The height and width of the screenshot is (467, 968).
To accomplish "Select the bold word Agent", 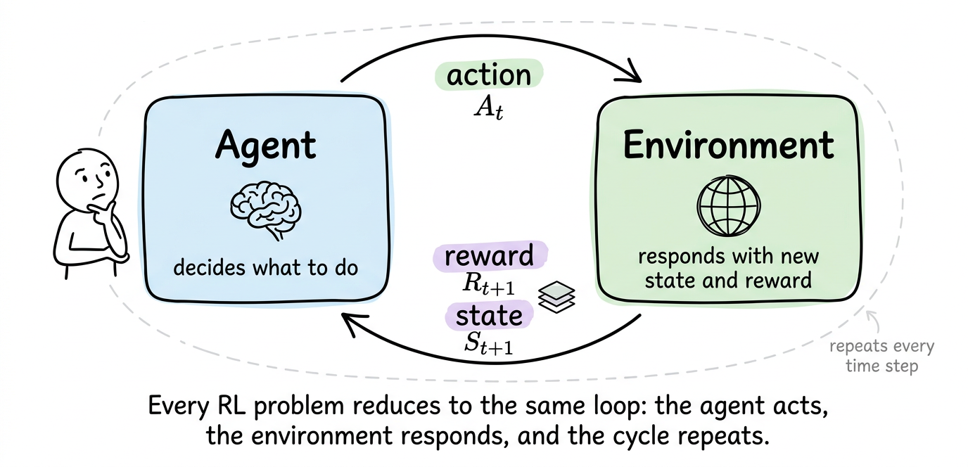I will (x=266, y=146).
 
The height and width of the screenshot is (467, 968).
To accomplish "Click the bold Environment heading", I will (x=728, y=145).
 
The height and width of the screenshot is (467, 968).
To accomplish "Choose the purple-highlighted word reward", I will (x=490, y=256).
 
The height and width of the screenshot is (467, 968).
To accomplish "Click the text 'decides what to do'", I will (x=265, y=267).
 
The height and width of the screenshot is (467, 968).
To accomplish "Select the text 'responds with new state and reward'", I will (x=728, y=269).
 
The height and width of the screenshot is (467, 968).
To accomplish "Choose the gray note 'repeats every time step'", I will (x=881, y=356).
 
